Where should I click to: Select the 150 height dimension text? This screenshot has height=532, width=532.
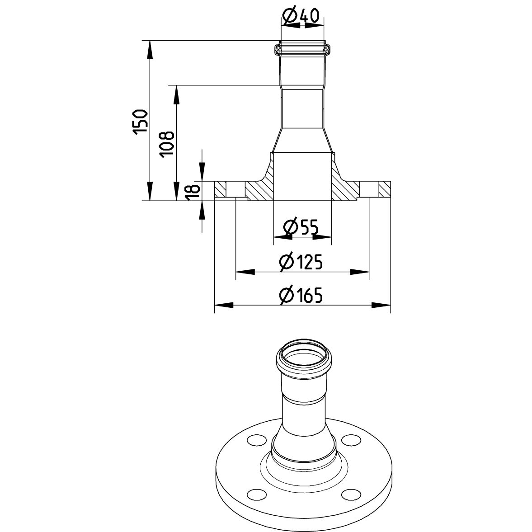point(141,122)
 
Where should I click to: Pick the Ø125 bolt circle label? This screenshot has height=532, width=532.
point(301,262)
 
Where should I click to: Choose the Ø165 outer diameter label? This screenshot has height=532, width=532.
point(301,295)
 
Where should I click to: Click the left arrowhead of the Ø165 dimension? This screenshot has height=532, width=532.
point(224,305)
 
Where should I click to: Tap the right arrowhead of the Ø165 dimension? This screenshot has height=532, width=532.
point(381,305)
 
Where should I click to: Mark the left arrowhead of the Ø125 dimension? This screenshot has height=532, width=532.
point(245,272)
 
